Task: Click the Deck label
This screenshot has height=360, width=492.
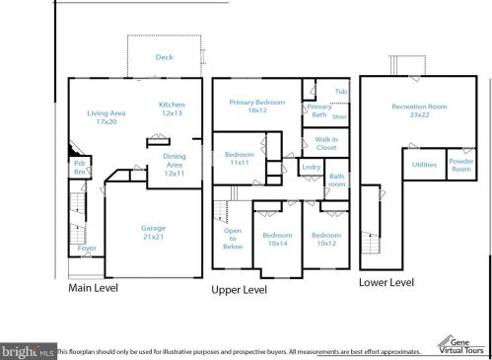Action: [x=165, y=57]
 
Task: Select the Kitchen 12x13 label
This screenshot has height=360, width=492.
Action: [x=172, y=108]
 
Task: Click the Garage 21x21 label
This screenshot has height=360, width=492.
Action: [x=153, y=233]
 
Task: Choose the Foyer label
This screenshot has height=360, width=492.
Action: [x=87, y=249]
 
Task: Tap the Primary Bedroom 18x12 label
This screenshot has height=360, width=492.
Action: [x=255, y=108]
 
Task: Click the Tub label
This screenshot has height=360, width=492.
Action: [x=340, y=92]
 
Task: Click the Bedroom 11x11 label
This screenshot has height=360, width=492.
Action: [x=240, y=160]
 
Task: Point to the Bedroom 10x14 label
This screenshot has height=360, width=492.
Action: [x=277, y=241]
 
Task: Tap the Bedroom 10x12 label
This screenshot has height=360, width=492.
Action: [x=325, y=241]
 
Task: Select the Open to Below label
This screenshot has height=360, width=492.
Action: [x=234, y=239]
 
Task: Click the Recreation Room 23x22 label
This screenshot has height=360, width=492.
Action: [x=418, y=110]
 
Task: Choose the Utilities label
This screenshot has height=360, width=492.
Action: [x=424, y=165]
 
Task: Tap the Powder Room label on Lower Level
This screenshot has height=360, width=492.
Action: [x=460, y=165]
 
